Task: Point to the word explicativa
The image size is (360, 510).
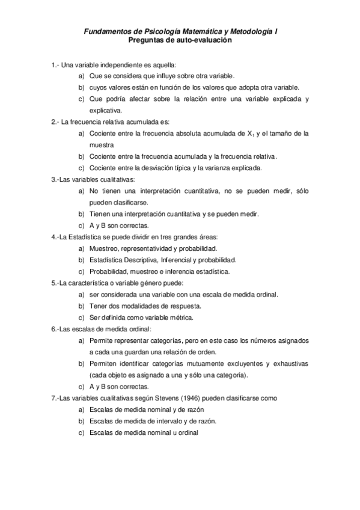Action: pos(106,110)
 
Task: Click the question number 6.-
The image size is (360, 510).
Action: pos(56,329)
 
